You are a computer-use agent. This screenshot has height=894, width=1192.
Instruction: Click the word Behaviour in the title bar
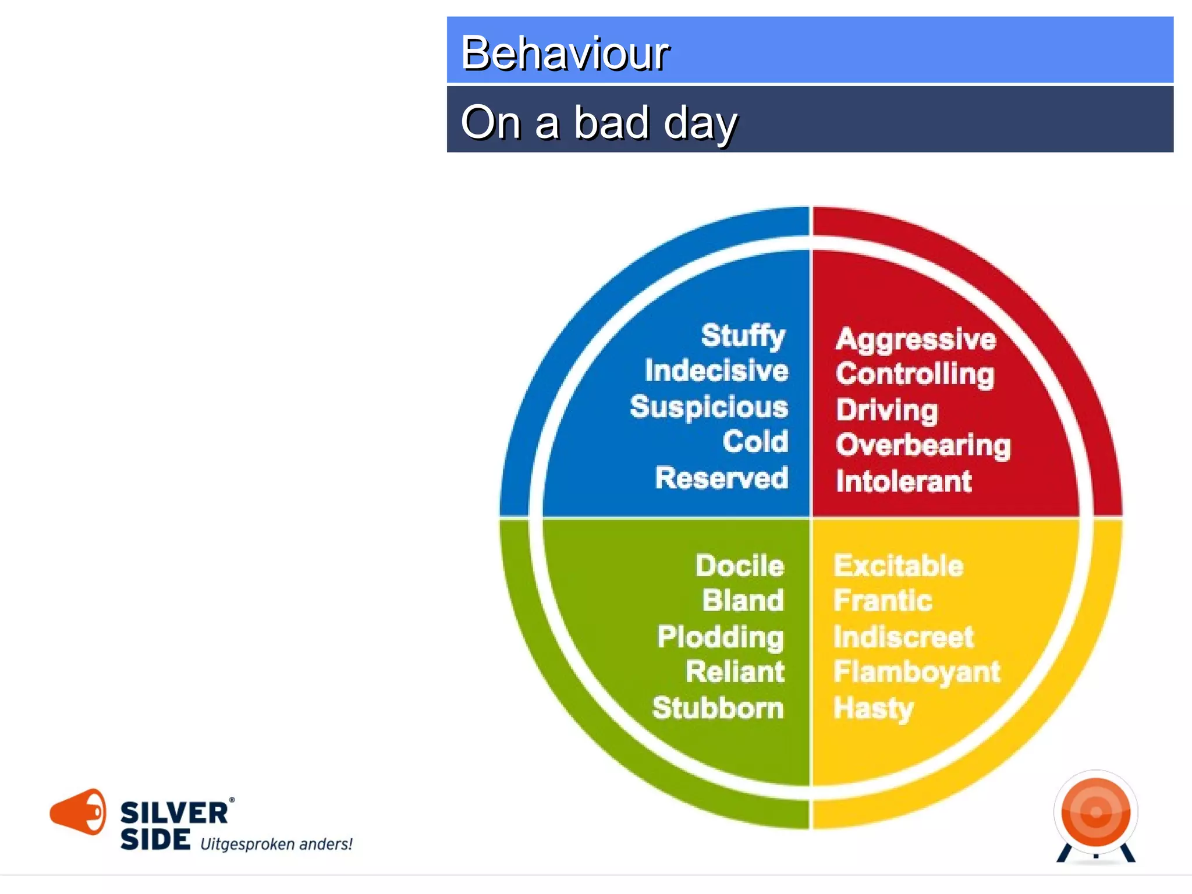tap(565, 53)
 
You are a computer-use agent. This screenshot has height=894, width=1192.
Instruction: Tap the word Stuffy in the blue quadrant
tap(743, 336)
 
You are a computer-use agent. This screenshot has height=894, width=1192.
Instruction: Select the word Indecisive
tap(716, 371)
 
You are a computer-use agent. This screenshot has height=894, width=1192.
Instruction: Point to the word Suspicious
tap(708, 407)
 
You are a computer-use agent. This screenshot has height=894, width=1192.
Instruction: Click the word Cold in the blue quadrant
tap(755, 442)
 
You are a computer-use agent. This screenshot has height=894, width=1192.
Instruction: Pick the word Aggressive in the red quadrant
tap(916, 339)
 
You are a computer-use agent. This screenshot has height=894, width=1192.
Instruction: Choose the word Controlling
tap(915, 374)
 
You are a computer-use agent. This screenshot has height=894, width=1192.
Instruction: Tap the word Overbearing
tap(923, 446)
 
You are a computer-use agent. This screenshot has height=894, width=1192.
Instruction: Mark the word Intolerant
tap(903, 481)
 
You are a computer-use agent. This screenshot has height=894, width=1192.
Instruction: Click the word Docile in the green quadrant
tap(740, 566)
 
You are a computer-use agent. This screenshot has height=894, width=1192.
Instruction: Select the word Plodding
tap(721, 637)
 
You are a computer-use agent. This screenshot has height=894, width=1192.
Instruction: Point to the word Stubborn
tap(718, 708)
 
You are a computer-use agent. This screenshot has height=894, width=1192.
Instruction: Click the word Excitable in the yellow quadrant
tap(898, 566)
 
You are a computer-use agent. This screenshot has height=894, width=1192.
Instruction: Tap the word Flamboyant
tap(916, 672)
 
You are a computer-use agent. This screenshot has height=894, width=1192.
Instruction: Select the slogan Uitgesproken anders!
tap(276, 845)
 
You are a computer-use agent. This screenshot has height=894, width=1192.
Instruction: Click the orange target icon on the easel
tap(1095, 812)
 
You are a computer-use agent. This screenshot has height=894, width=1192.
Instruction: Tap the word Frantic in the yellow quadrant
tap(882, 601)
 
